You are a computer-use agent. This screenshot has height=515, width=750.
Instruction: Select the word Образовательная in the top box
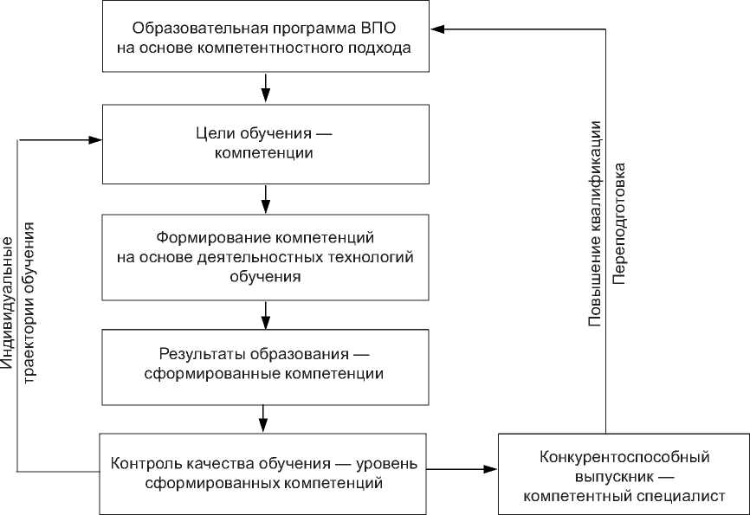point(179,28)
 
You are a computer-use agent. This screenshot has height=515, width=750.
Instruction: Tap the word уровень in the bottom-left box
point(391,462)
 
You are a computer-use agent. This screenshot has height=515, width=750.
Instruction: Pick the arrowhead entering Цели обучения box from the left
point(96,138)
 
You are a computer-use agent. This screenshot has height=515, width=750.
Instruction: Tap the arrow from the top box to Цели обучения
point(265,85)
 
